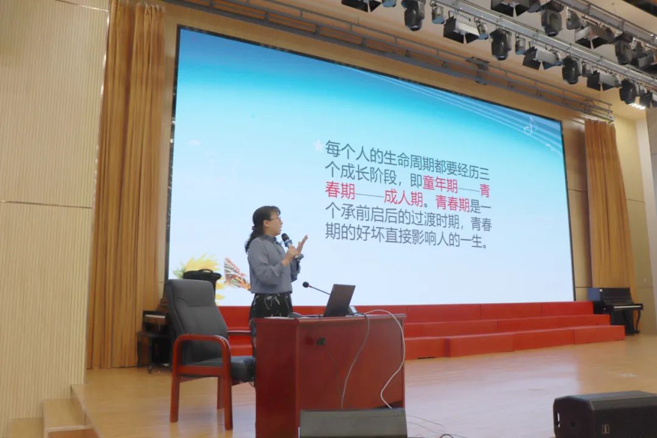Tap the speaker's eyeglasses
coord(274,218)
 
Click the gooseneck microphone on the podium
coord(316,288)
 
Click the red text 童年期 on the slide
coord(440,184)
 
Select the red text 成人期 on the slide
coord(403,199)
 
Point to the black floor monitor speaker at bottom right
coord(605,414)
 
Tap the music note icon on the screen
coord(530,126)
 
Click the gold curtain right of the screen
coord(609,206)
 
